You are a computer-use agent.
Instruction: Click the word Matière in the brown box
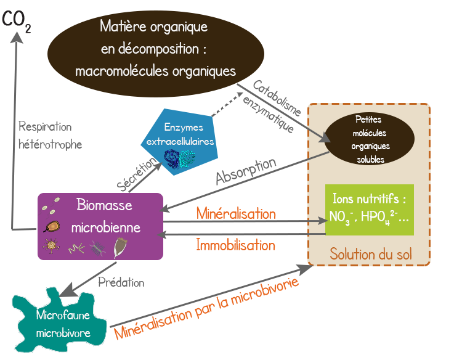[x=121, y=27]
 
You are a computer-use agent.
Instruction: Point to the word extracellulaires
[x=180, y=142]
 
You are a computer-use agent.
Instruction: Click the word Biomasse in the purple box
[x=104, y=204]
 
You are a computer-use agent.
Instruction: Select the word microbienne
[x=106, y=227]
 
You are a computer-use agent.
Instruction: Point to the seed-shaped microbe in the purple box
[x=121, y=247]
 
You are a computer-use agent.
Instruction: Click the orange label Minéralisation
[x=236, y=214]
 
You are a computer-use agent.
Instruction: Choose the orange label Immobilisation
[x=235, y=245]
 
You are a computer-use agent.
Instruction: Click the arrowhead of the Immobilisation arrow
[x=163, y=234]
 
